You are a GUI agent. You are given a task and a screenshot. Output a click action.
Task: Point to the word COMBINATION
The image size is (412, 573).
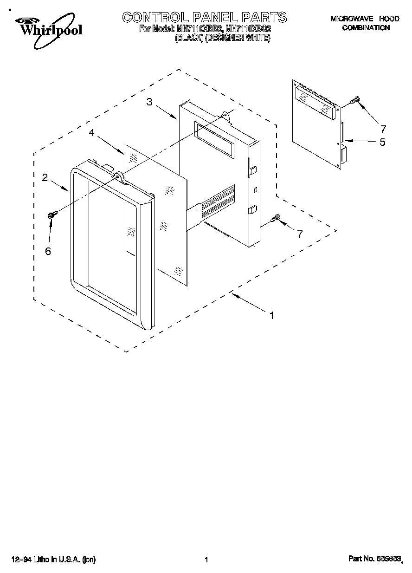366,28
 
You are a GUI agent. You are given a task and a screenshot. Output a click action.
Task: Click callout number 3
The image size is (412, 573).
149,102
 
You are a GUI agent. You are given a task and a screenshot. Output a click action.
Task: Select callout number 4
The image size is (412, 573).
91,133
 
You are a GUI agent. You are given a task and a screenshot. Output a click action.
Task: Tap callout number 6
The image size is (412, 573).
48,251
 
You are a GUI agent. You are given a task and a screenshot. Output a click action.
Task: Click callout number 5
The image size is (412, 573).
382,143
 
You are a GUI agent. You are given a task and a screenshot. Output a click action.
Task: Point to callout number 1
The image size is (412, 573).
272,315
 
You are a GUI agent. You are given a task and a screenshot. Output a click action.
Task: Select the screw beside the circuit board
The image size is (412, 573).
355,99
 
